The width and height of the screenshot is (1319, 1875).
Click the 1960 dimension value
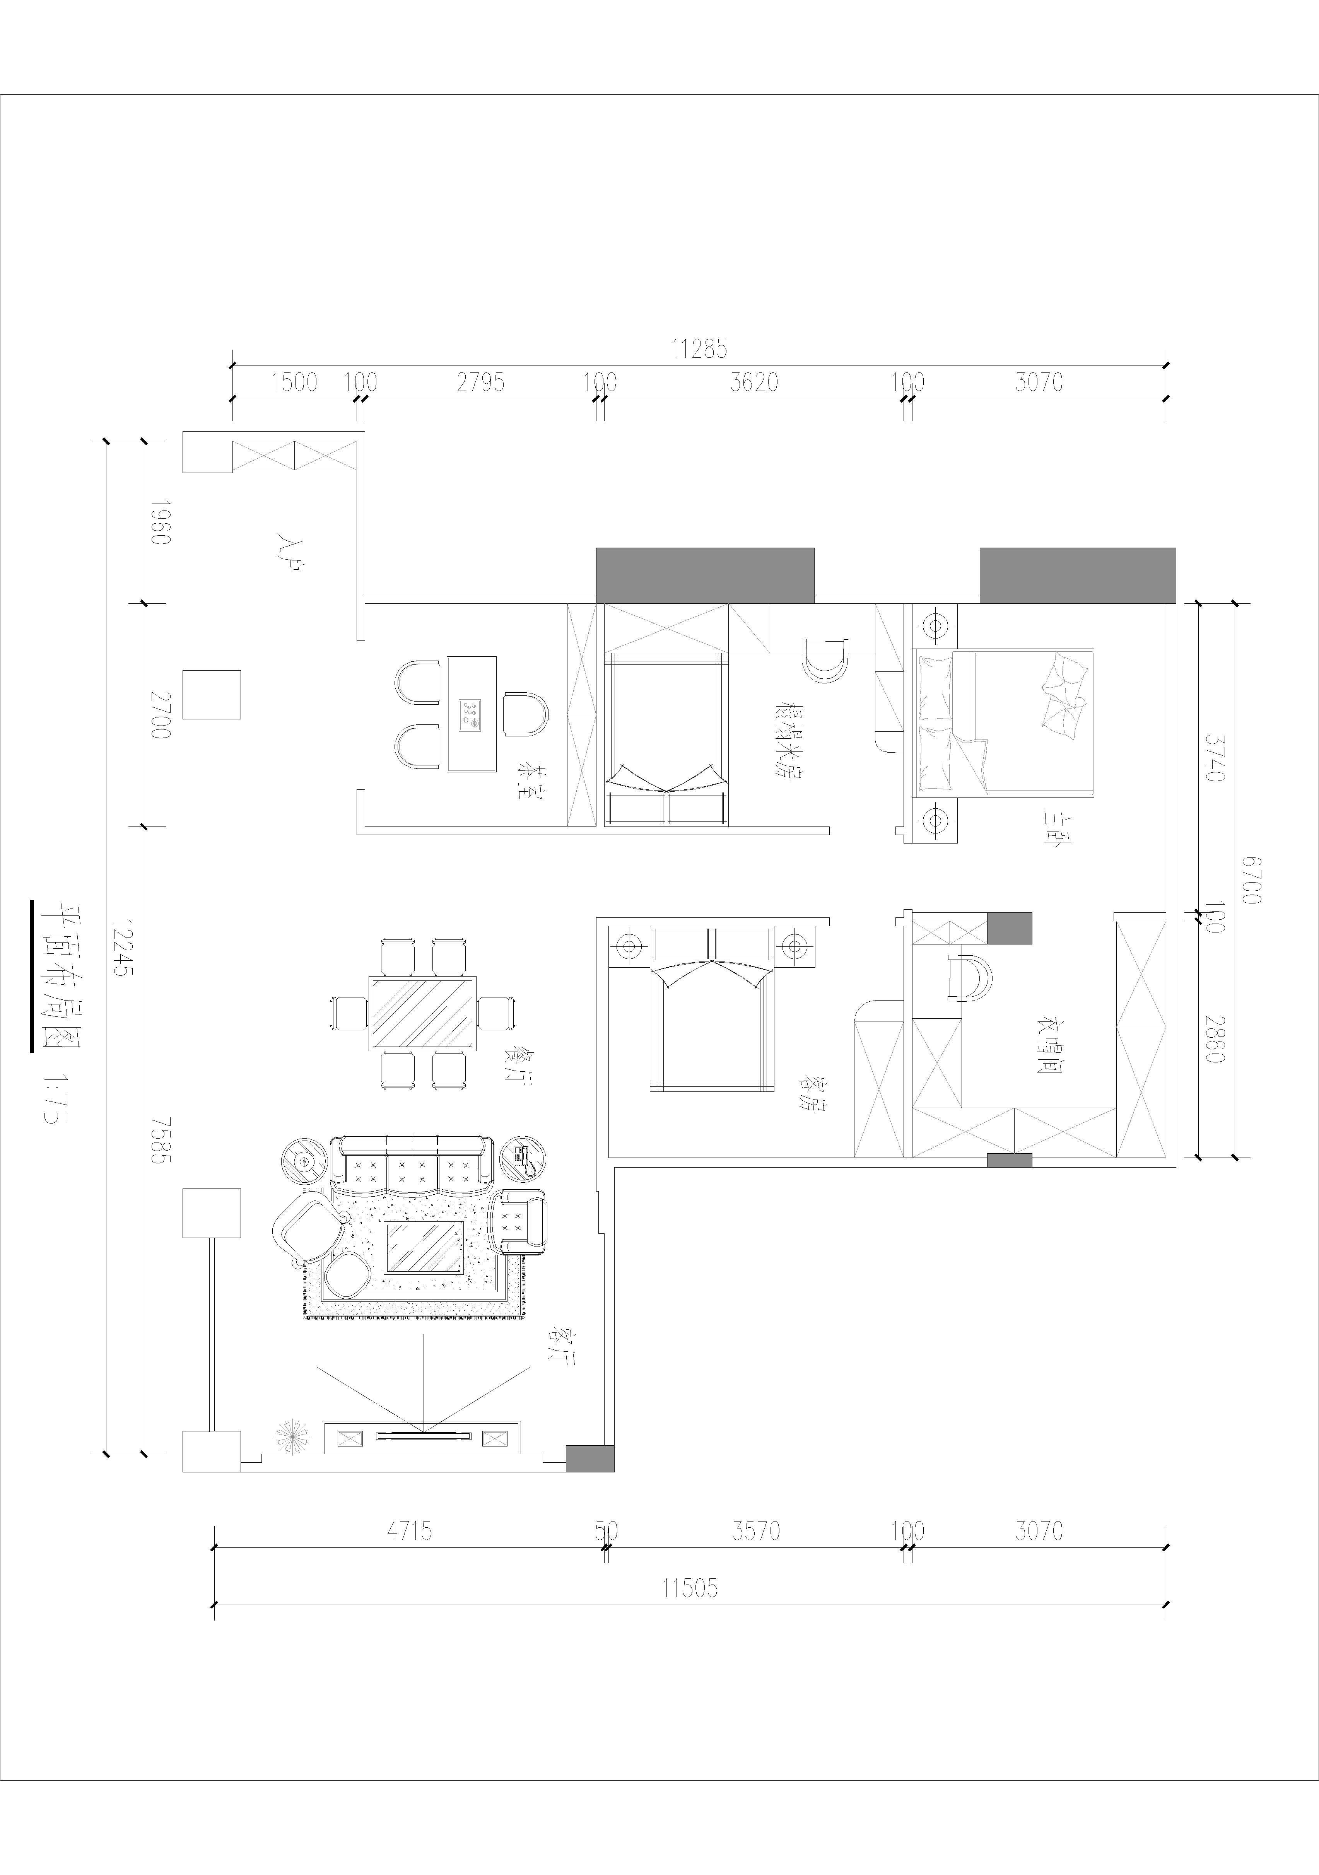(160, 523)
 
